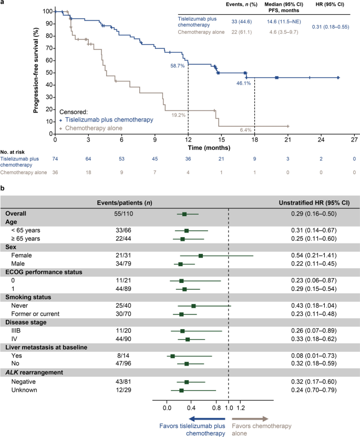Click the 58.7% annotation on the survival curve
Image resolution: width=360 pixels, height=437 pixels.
point(178,66)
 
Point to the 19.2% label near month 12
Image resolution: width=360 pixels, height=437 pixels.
point(177,115)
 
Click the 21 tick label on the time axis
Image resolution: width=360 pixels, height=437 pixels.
point(288,140)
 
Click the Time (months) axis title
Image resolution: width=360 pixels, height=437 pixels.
point(204,150)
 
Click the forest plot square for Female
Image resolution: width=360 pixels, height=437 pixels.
point(201,256)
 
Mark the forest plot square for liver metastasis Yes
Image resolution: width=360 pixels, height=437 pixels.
point(172,356)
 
